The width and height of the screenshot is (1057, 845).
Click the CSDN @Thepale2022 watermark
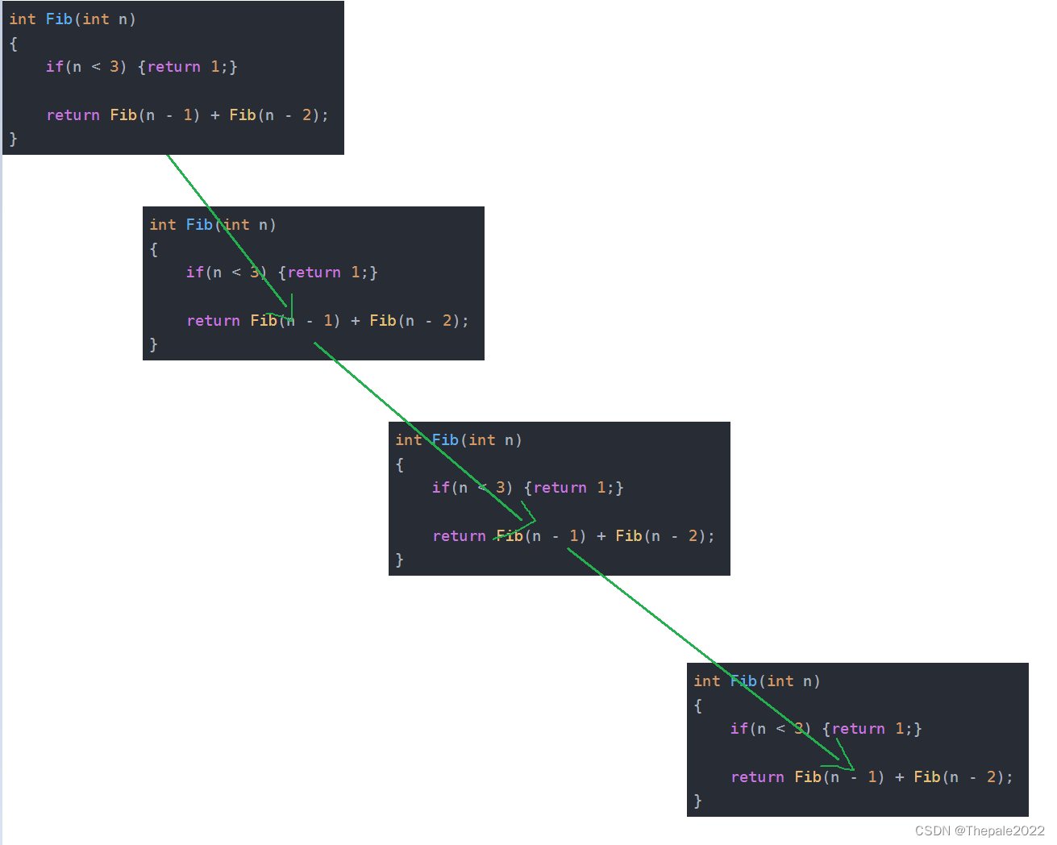pos(979,830)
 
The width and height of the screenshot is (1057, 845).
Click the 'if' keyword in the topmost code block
pos(54,67)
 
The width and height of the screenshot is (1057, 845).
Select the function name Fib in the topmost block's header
pos(59,19)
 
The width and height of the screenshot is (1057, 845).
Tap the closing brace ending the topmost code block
pos(13,139)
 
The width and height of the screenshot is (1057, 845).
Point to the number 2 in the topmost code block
pos(306,115)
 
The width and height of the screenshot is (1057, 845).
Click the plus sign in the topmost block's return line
pos(214,115)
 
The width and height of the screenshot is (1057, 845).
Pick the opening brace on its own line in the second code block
pos(154,249)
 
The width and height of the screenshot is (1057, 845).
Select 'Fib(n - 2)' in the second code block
pos(416,321)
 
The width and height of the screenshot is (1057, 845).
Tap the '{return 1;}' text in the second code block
pos(327,273)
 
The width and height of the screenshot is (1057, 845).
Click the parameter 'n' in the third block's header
pos(510,440)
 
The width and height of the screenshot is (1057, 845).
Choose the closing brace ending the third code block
pos(400,560)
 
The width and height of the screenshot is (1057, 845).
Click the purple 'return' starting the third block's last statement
pos(459,536)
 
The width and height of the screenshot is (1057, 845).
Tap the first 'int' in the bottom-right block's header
pos(707,681)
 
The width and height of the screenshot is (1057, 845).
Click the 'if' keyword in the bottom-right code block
pos(739,729)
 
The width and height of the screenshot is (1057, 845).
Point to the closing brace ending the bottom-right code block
pos(698,801)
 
